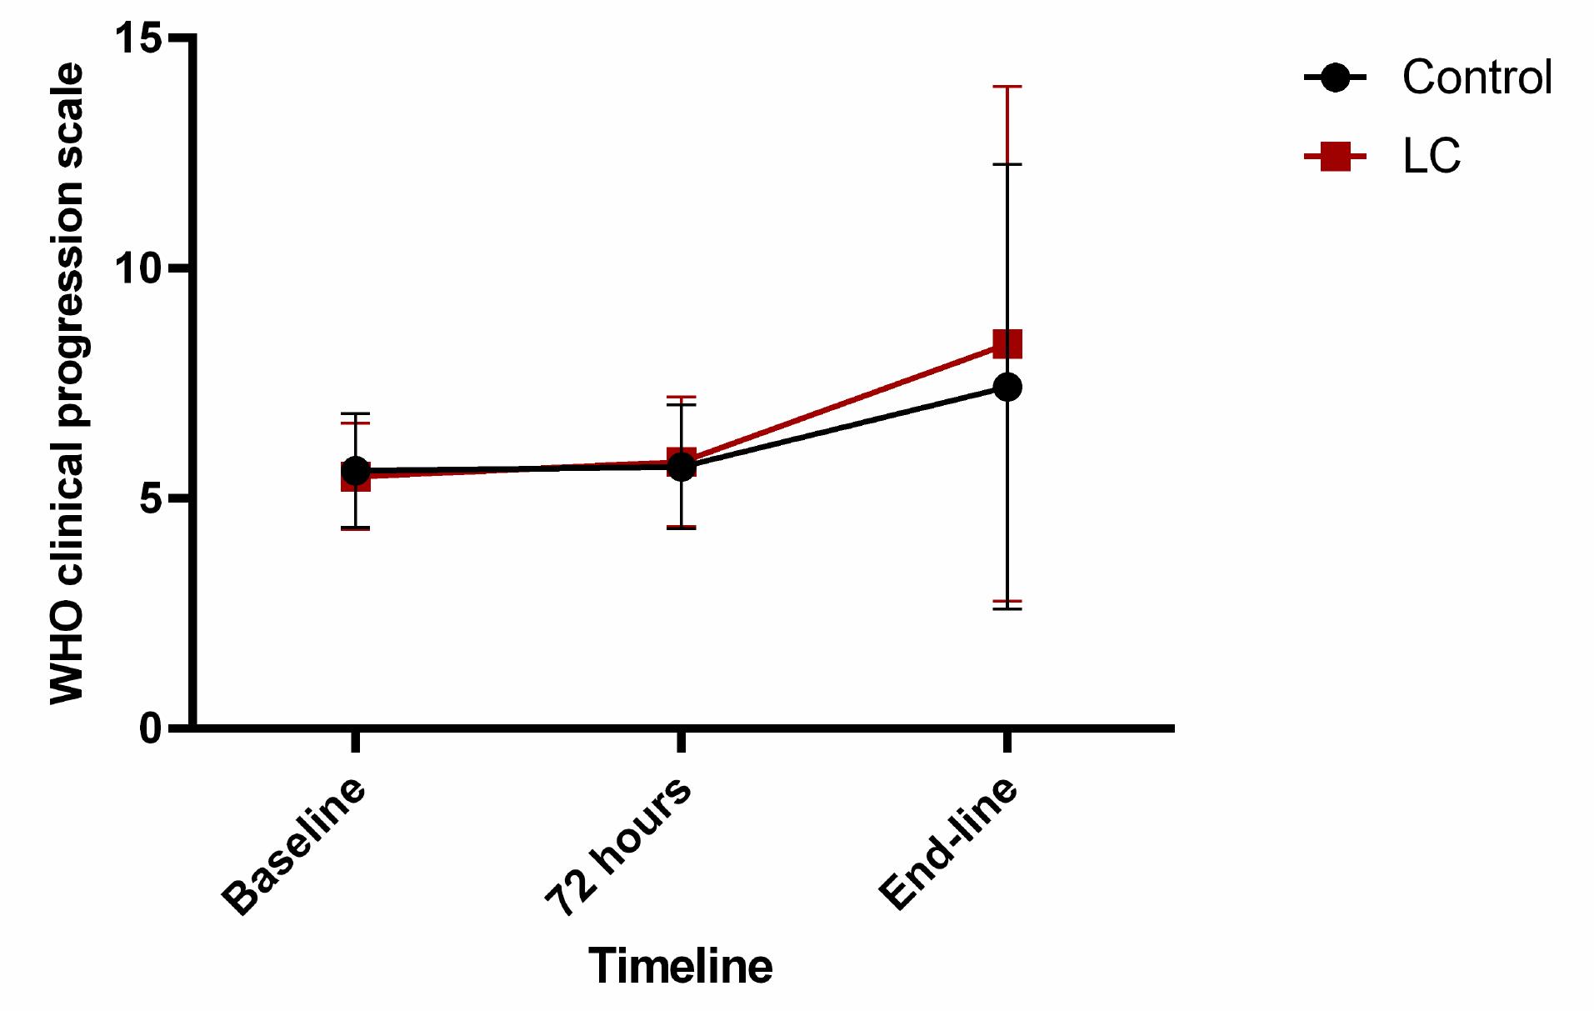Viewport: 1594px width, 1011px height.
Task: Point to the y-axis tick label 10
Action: [138, 268]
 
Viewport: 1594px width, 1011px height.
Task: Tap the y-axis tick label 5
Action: [150, 498]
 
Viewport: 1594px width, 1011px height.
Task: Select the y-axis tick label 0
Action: [150, 728]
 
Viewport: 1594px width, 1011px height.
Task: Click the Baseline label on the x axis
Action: [294, 846]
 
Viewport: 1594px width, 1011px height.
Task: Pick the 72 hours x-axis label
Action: [618, 846]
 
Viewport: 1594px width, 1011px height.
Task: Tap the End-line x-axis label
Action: [948, 843]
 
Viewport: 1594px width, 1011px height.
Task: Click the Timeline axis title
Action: [680, 966]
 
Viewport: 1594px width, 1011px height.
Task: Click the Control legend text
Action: [1477, 78]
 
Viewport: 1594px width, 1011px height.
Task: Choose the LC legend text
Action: [1431, 156]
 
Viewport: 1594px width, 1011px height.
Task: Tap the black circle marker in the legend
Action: [1335, 78]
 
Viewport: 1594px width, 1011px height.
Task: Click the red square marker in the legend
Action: [1335, 156]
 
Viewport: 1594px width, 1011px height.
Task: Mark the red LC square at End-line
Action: [1007, 343]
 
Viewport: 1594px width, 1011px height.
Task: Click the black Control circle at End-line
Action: [1007, 387]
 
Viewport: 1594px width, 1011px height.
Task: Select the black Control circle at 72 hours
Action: [682, 466]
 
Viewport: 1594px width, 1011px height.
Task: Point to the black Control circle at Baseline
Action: [356, 471]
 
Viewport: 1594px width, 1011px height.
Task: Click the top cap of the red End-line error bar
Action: [1007, 87]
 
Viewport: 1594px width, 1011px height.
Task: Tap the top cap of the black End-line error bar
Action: [1007, 164]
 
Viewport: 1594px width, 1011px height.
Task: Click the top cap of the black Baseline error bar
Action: [356, 413]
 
